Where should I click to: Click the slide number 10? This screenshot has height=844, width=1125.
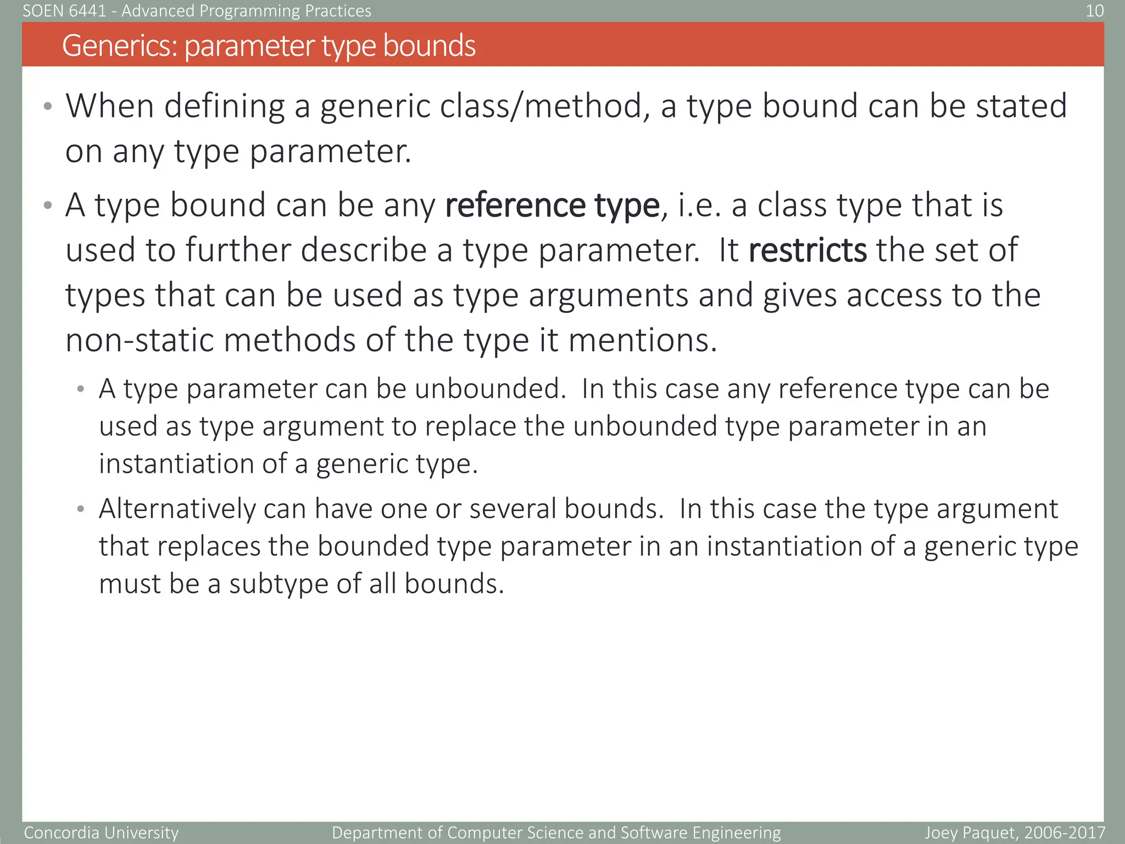1094,10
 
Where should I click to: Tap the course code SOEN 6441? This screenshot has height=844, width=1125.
64,10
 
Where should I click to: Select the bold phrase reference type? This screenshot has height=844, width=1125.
552,206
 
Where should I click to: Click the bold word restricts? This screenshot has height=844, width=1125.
807,251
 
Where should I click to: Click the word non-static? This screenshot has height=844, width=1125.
139,340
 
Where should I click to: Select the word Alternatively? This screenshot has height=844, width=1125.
177,509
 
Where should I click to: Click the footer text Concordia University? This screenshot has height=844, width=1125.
102,833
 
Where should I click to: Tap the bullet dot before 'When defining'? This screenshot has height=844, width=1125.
48,106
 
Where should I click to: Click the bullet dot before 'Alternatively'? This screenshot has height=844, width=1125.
81,509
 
